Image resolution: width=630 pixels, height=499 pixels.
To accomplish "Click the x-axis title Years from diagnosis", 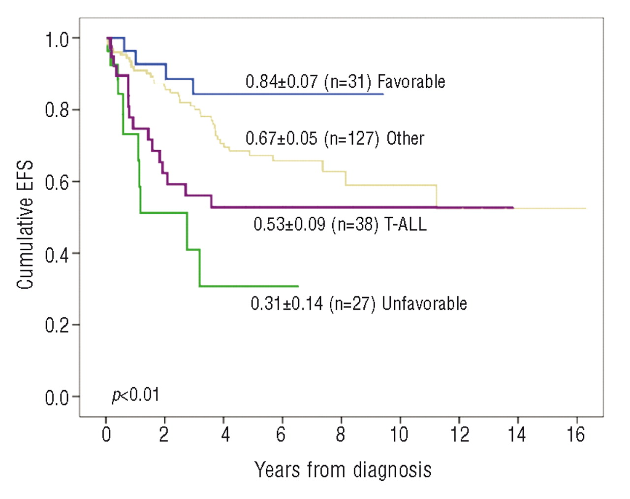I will [x=343, y=470].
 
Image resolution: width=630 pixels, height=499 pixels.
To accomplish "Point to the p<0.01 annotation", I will [x=136, y=395].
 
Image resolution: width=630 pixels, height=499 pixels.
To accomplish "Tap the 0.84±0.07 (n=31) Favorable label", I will [x=345, y=81].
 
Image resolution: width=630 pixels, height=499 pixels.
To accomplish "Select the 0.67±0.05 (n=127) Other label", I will [x=335, y=138].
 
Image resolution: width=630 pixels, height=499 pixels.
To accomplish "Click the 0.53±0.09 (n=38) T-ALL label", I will [x=340, y=224].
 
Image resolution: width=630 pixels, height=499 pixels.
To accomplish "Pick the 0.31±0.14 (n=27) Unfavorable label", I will [x=359, y=303].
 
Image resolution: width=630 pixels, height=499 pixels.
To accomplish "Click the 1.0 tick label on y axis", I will [x=57, y=39].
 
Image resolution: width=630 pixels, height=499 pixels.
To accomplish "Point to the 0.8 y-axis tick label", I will [x=57, y=110].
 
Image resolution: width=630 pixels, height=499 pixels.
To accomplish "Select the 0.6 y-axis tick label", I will [x=57, y=182].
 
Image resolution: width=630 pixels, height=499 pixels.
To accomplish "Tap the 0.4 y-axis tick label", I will [x=57, y=254].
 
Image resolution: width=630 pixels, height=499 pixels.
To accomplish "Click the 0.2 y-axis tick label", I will [x=57, y=326].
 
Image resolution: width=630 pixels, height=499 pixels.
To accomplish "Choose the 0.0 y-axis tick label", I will [x=57, y=398].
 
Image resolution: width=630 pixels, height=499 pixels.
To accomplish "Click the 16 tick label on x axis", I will [x=575, y=434].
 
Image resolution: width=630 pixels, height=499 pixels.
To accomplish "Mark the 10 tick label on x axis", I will [x=399, y=434].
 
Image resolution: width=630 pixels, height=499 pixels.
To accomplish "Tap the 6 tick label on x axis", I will [x=282, y=434].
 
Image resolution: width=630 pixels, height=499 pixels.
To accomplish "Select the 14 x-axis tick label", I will [x=516, y=434].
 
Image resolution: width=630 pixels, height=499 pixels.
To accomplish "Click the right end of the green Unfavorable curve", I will [x=298, y=286].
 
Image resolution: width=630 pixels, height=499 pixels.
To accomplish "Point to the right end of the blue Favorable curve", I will [x=383, y=94].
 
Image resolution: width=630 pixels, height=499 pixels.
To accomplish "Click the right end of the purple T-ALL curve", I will [x=513, y=207].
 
